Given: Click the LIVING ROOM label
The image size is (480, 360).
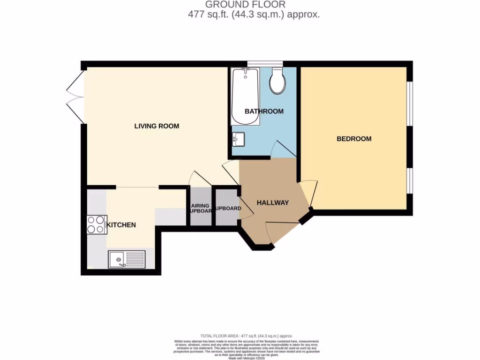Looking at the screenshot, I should pos(157,126).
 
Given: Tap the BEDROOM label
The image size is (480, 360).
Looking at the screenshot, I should pos(354,139).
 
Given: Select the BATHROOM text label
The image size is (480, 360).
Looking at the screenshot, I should pos(264,112).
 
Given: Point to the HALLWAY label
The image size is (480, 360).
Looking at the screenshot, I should pos(272,202).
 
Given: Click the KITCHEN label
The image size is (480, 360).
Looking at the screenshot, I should pos(121,225).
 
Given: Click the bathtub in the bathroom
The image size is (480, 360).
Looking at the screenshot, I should pos(245,97).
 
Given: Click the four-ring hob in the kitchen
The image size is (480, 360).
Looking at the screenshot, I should pos(96,224).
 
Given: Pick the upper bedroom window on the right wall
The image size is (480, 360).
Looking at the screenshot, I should pos(409,104).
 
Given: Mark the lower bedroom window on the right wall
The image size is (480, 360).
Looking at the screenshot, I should pos(409,180).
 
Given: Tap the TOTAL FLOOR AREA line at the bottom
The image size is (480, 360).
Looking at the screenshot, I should pos(247,336).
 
